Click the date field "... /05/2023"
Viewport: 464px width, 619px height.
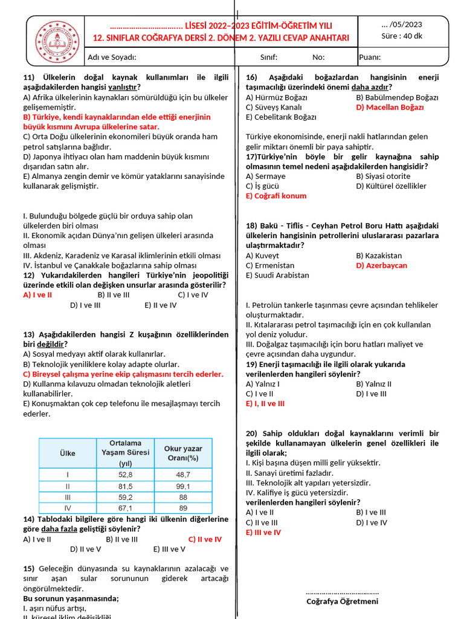click(x=402, y=25)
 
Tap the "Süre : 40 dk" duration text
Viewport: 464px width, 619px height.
click(x=402, y=35)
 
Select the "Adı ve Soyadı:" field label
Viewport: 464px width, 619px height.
click(x=112, y=57)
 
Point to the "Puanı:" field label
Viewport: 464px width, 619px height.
click(x=370, y=57)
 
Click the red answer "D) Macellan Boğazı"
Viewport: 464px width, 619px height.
click(x=390, y=107)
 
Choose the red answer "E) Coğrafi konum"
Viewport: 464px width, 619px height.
click(x=276, y=196)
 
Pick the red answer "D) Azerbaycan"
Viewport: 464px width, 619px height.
click(x=381, y=265)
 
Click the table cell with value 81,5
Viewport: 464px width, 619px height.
click(x=125, y=486)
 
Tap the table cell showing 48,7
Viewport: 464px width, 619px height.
click(x=183, y=475)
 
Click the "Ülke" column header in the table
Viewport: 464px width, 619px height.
click(x=67, y=453)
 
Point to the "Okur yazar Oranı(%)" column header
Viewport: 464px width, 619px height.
click(x=183, y=453)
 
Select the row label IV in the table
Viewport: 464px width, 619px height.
click(x=67, y=508)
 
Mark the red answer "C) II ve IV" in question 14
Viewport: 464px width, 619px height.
click(x=205, y=539)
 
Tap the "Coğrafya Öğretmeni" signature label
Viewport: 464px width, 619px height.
click(x=342, y=601)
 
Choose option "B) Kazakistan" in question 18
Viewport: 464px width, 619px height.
click(x=379, y=256)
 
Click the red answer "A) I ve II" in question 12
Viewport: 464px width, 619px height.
click(x=37, y=295)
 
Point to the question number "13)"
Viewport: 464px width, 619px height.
click(x=30, y=334)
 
